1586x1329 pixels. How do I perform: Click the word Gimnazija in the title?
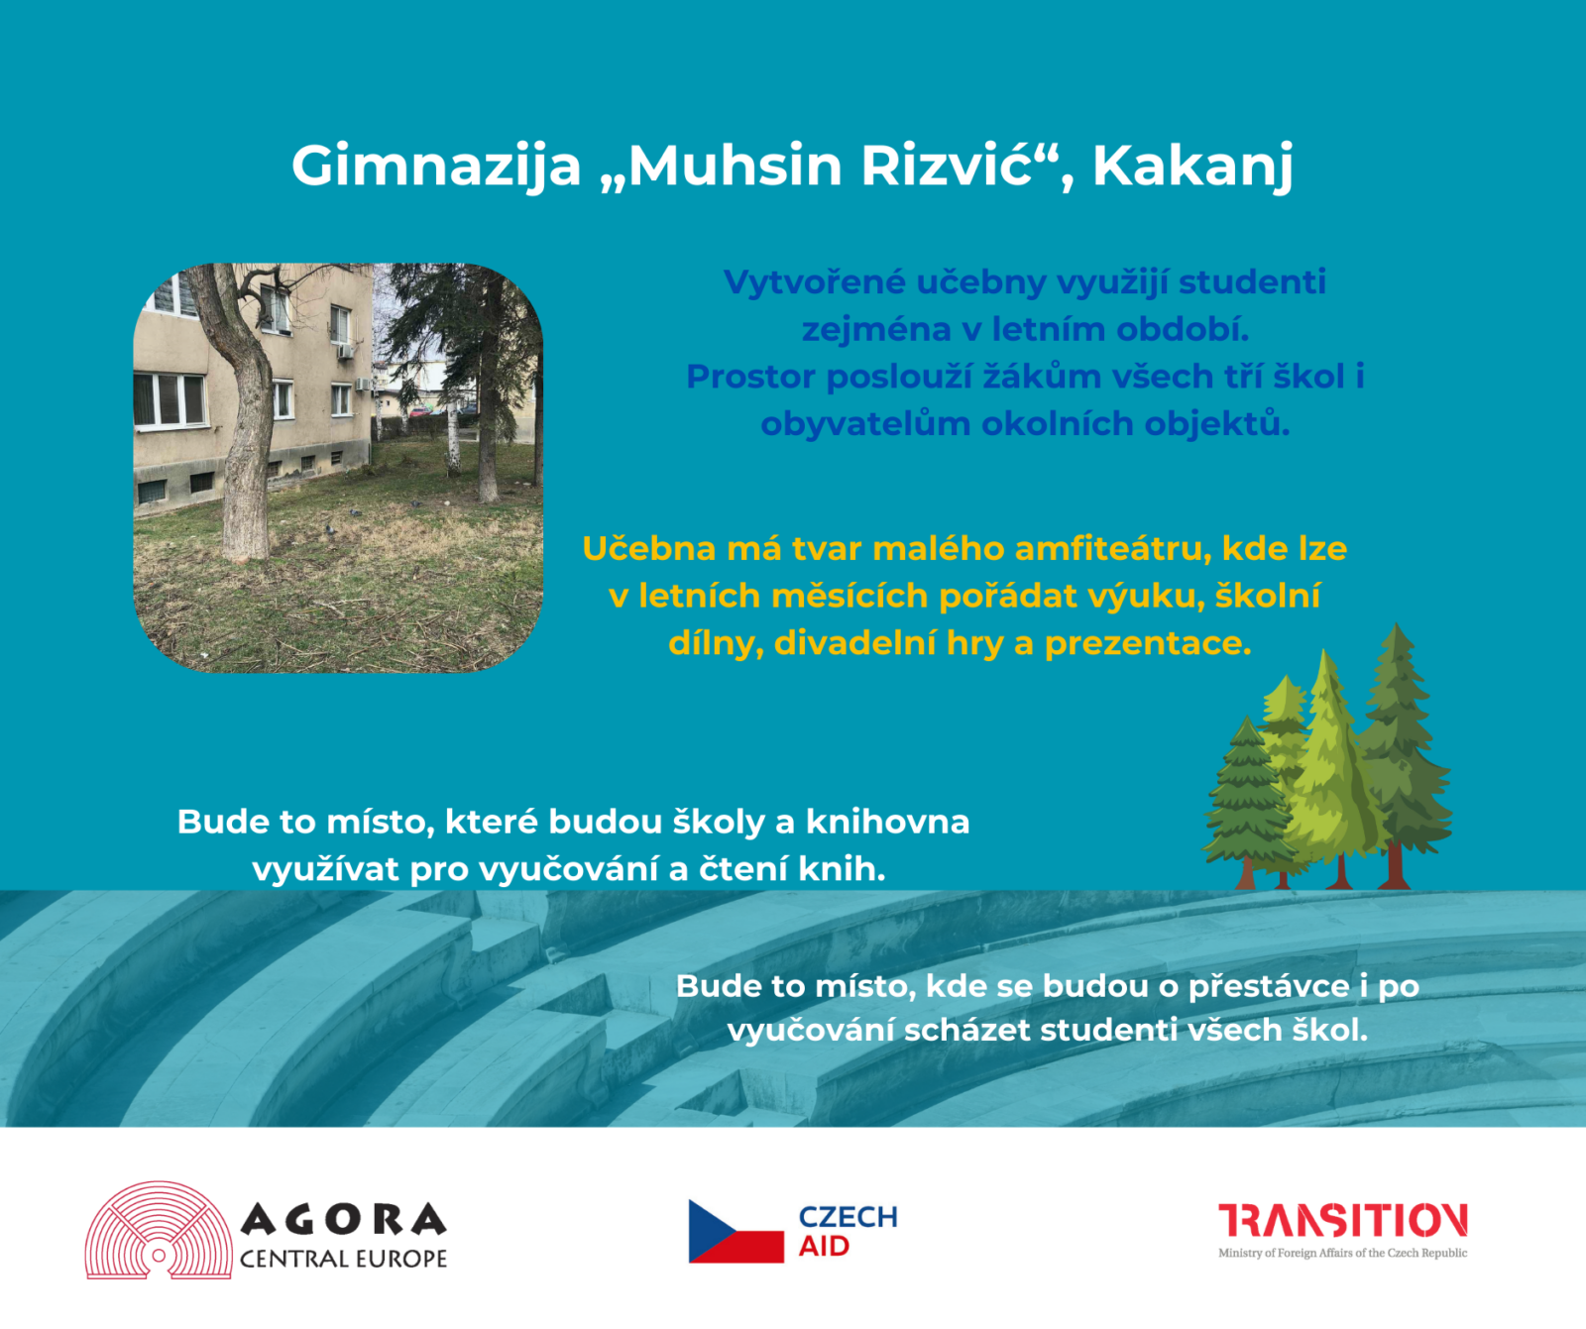coord(436,166)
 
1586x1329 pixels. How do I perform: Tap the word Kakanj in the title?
coord(1192,166)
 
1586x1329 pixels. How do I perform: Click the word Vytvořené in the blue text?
coord(814,282)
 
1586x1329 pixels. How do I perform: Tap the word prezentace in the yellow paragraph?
coord(1148,644)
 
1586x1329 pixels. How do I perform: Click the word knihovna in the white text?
coord(887,822)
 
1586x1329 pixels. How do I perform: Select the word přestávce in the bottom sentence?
coord(1269,987)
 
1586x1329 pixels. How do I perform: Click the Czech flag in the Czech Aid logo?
coord(736,1231)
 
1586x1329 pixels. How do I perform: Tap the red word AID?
coord(824,1247)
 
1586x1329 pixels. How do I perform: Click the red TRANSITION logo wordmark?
coord(1343,1221)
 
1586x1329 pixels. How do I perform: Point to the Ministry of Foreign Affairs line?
coord(1343,1254)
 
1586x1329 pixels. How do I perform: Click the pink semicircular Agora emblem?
coord(159,1231)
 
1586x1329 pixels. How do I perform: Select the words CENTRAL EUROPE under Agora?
coord(343,1259)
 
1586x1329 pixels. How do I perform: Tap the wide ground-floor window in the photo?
coord(170,399)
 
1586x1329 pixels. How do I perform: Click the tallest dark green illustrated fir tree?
coord(1400,753)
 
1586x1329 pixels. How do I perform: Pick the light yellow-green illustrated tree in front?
coord(1333,768)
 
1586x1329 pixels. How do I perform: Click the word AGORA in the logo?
coord(343,1220)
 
